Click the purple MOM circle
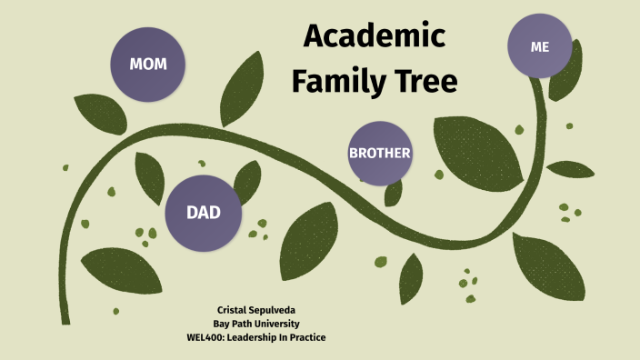[147, 64]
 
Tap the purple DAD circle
[204, 213]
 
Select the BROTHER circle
[380, 153]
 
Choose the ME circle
[540, 46]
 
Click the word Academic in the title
[375, 36]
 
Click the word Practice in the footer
[307, 338]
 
